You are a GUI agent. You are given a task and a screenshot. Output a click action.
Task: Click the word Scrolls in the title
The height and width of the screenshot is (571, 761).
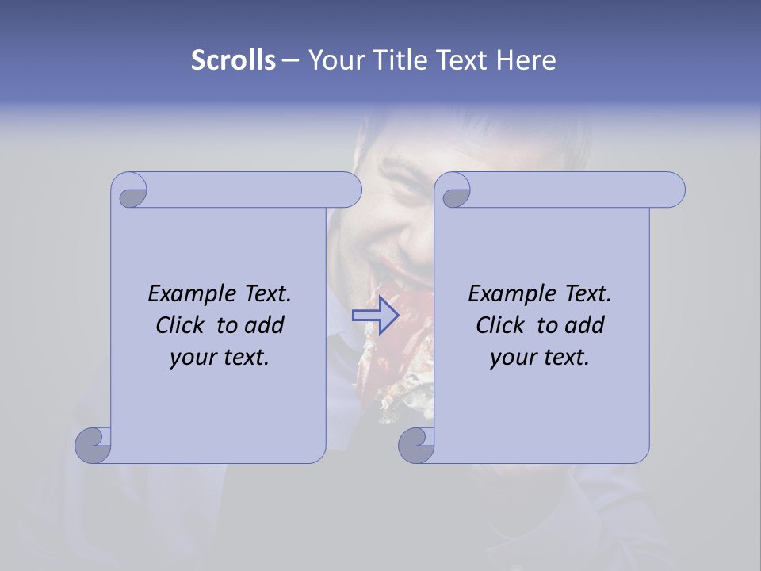[x=233, y=60]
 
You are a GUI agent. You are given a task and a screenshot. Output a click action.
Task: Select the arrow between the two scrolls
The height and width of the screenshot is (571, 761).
[x=376, y=315]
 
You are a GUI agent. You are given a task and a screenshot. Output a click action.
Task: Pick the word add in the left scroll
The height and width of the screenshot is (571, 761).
[x=265, y=325]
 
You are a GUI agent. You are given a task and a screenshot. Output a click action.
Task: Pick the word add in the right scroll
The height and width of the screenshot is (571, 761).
[x=585, y=325]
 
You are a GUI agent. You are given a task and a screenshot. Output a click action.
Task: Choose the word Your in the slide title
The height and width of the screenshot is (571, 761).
[x=336, y=60]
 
